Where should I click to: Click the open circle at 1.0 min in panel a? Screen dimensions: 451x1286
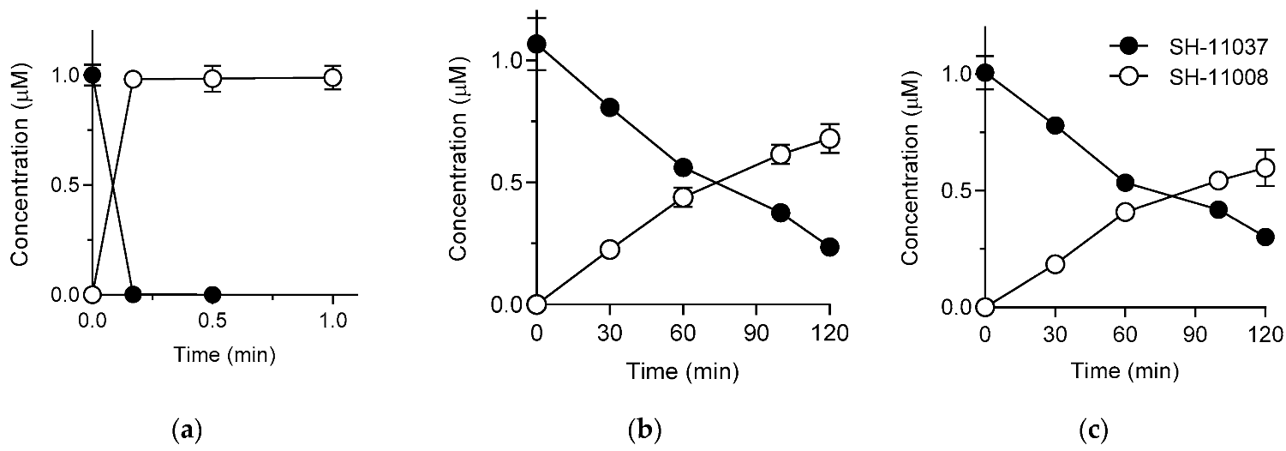pos(332,77)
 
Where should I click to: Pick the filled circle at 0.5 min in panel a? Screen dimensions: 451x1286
pos(212,294)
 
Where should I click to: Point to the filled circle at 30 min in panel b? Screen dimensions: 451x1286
pos(610,107)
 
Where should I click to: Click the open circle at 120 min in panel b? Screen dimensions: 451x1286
pos(829,138)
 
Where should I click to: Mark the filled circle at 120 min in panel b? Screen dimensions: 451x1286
pos(829,247)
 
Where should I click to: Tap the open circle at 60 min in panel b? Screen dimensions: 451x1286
pos(683,197)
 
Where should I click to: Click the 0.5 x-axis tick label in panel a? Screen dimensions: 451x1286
pos(212,324)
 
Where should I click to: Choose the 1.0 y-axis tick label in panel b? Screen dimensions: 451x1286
pos(506,61)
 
